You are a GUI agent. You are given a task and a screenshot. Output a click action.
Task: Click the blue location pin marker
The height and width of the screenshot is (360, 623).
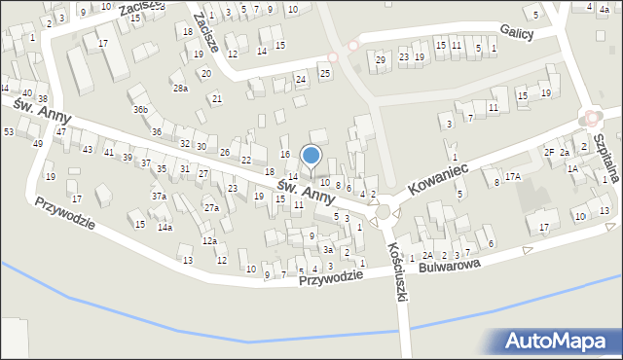311,156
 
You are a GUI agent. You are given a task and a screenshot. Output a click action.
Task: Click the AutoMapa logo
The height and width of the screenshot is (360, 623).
558,342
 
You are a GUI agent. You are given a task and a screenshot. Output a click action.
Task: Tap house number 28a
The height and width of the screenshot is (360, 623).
180,89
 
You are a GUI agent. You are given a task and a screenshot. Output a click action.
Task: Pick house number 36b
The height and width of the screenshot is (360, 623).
142,109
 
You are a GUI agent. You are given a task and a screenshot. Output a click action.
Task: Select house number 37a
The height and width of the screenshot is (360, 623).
159,197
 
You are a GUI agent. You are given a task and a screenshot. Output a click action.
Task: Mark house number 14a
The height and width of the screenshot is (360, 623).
165,228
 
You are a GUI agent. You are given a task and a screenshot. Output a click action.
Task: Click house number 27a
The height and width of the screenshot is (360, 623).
211,208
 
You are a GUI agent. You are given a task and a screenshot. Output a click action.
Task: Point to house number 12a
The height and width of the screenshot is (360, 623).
208,240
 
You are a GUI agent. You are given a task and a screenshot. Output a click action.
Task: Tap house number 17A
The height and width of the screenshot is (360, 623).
513,176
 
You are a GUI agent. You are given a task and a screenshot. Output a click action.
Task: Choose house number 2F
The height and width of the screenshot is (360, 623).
549,153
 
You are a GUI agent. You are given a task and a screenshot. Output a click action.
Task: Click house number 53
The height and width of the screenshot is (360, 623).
8,131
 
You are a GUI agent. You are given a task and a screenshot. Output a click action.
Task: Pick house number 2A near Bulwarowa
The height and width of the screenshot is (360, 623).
427,255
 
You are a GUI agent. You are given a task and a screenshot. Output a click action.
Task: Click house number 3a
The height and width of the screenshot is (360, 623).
329,250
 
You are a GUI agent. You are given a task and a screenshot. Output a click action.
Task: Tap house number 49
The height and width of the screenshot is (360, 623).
37,144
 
